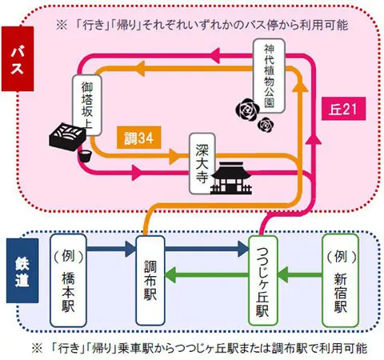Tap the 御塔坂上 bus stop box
click(x=84, y=99)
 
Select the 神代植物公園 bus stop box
click(x=268, y=76)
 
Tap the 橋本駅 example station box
click(x=67, y=282)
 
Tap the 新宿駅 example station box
click(x=340, y=282)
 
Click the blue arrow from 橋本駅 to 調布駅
click(x=110, y=250)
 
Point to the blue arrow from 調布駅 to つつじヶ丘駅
click(x=206, y=250)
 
